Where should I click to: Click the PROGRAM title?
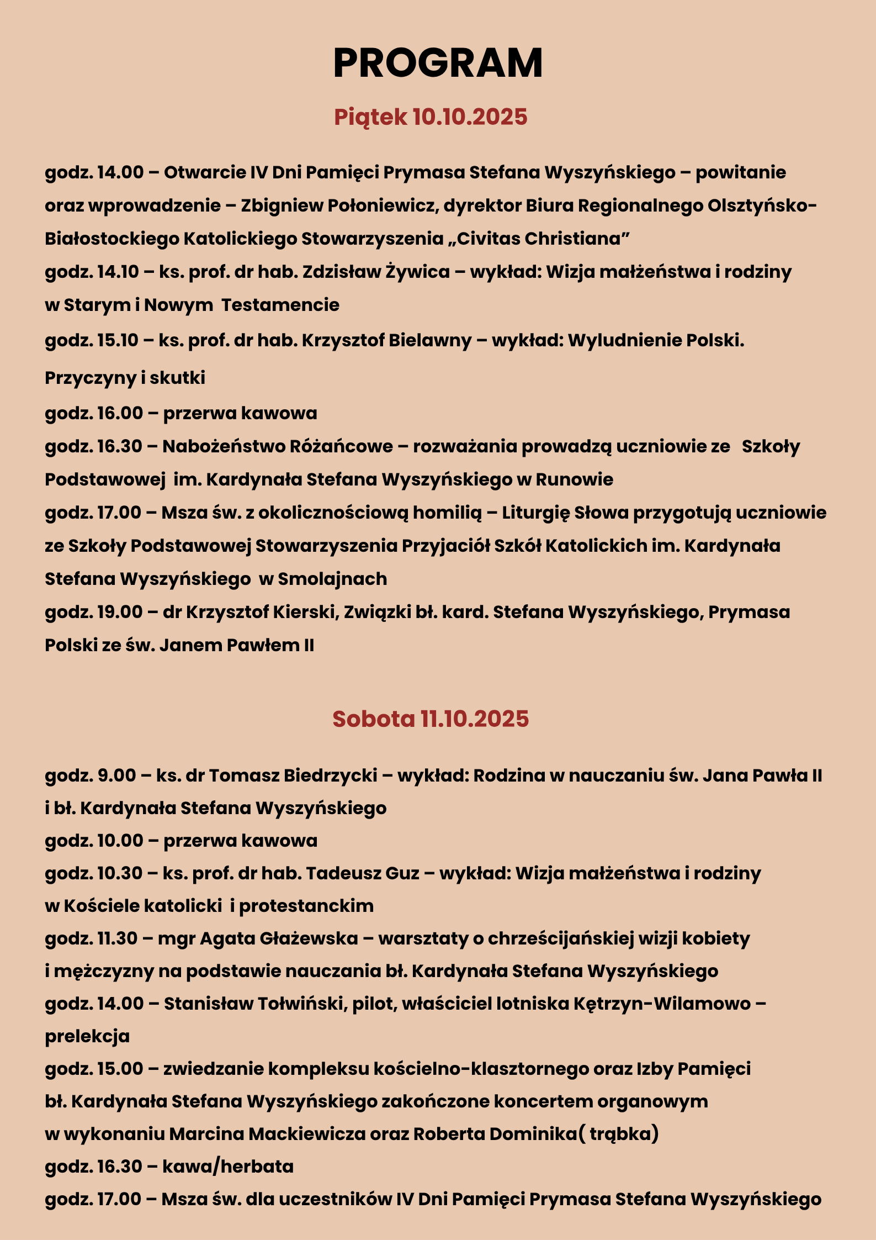(438, 63)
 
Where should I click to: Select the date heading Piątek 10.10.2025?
(431, 117)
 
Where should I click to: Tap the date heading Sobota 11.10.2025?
(431, 719)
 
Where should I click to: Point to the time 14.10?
(118, 272)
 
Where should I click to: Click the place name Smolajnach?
(332, 579)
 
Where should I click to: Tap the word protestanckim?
(306, 906)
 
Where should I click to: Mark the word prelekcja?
(87, 1036)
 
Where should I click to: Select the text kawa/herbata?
(228, 1167)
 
